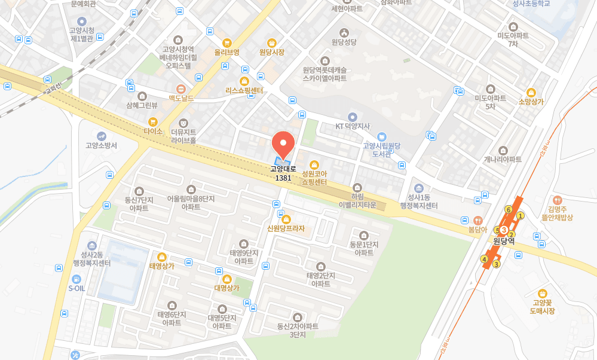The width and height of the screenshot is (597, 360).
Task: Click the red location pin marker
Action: [x=283, y=143]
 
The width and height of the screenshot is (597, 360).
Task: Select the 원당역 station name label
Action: [x=504, y=242]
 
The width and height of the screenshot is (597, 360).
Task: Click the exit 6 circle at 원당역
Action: [x=508, y=209]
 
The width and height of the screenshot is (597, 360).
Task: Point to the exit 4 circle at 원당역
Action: [x=484, y=259]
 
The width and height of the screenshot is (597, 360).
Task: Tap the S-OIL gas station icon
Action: [x=76, y=279]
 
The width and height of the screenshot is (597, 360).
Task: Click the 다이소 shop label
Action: [x=153, y=130]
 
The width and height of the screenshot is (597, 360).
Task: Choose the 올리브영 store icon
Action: [x=226, y=43]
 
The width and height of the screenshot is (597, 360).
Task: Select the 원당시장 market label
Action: [x=272, y=53]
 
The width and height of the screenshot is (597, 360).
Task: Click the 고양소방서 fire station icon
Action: [x=101, y=136]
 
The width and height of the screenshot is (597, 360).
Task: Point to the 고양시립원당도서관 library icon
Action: [x=381, y=136]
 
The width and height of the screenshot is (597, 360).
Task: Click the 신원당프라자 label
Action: [x=286, y=228]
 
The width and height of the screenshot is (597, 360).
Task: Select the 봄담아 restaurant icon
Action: [x=477, y=220]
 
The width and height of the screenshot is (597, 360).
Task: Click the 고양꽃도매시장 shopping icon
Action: [x=542, y=293]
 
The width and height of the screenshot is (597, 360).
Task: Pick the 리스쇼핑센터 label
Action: [x=244, y=91]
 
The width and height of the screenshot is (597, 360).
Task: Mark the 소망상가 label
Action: [x=531, y=102]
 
